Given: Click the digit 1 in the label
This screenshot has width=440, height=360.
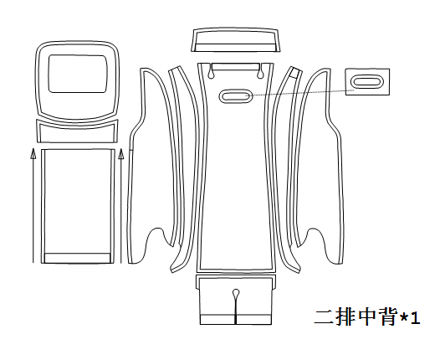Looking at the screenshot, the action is pyautogui.click(x=415, y=318).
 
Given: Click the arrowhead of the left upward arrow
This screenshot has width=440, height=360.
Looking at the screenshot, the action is pyautogui.click(x=33, y=154).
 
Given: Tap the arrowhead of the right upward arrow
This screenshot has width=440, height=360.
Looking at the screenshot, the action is pyautogui.click(x=121, y=154).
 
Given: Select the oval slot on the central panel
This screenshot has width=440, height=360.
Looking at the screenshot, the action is pyautogui.click(x=236, y=96).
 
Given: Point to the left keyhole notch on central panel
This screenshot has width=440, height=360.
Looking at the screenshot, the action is pyautogui.click(x=212, y=71).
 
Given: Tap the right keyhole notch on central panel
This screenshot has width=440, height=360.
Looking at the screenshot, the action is pyautogui.click(x=260, y=71).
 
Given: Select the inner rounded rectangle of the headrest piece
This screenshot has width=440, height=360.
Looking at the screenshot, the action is pyautogui.click(x=78, y=74).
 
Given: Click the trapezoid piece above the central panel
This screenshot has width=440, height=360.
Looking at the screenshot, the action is pyautogui.click(x=236, y=39).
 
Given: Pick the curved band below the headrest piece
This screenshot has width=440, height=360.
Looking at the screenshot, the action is pyautogui.click(x=78, y=131).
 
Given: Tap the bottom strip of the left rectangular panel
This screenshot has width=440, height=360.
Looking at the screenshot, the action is pyautogui.click(x=78, y=258).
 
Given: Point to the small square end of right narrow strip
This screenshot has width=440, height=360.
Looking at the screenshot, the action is pyautogui.click(x=295, y=73).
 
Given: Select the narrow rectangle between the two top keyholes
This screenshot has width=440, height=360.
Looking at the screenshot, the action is pyautogui.click(x=236, y=66).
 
